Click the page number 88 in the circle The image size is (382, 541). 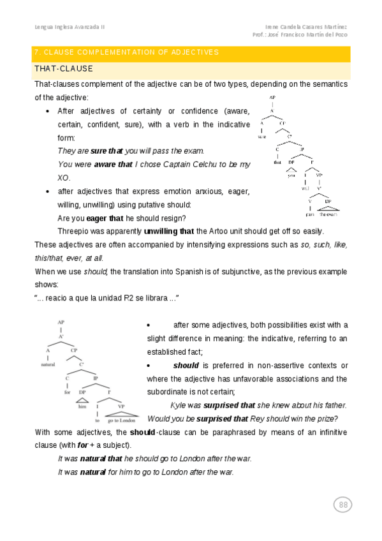point(343,505)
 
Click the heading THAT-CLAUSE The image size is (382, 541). point(64,69)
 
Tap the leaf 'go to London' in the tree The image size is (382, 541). point(121,420)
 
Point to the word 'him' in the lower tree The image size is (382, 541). point(82,405)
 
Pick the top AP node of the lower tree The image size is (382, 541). point(61,323)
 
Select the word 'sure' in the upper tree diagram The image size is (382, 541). point(261,137)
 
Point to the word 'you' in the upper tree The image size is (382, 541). point(291,175)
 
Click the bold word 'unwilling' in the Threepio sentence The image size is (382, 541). point(161,231)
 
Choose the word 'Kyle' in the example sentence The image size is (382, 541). point(178,405)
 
